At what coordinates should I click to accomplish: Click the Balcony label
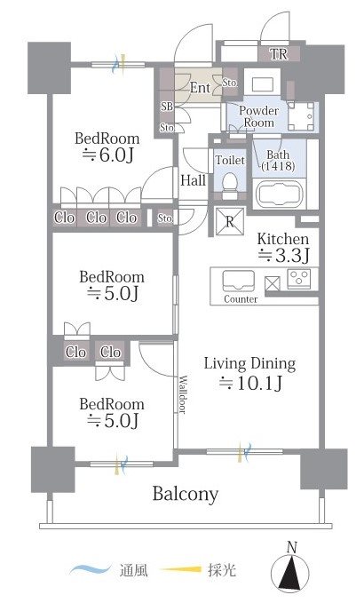pos(186,494)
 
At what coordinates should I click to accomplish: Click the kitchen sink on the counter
pos(238,282)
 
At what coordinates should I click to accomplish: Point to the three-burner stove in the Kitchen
pos(298,279)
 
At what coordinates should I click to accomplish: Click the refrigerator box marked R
pos(229,221)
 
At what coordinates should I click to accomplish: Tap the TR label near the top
pos(279,54)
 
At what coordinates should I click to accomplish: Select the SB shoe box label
pos(167,107)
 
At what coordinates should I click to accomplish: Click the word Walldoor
pos(184,394)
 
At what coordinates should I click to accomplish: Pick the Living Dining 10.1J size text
pos(250,383)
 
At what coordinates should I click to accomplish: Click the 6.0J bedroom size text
pos(108,155)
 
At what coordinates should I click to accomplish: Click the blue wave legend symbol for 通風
pos(90,569)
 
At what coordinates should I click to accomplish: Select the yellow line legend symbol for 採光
pos(180,569)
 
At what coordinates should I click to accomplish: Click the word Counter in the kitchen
pos(241,299)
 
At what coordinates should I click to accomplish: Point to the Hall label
pos(193,180)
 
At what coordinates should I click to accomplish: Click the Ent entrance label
pos(200,88)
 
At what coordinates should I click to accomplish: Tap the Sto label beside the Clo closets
pos(165,218)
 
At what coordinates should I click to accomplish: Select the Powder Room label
pos(258,116)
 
